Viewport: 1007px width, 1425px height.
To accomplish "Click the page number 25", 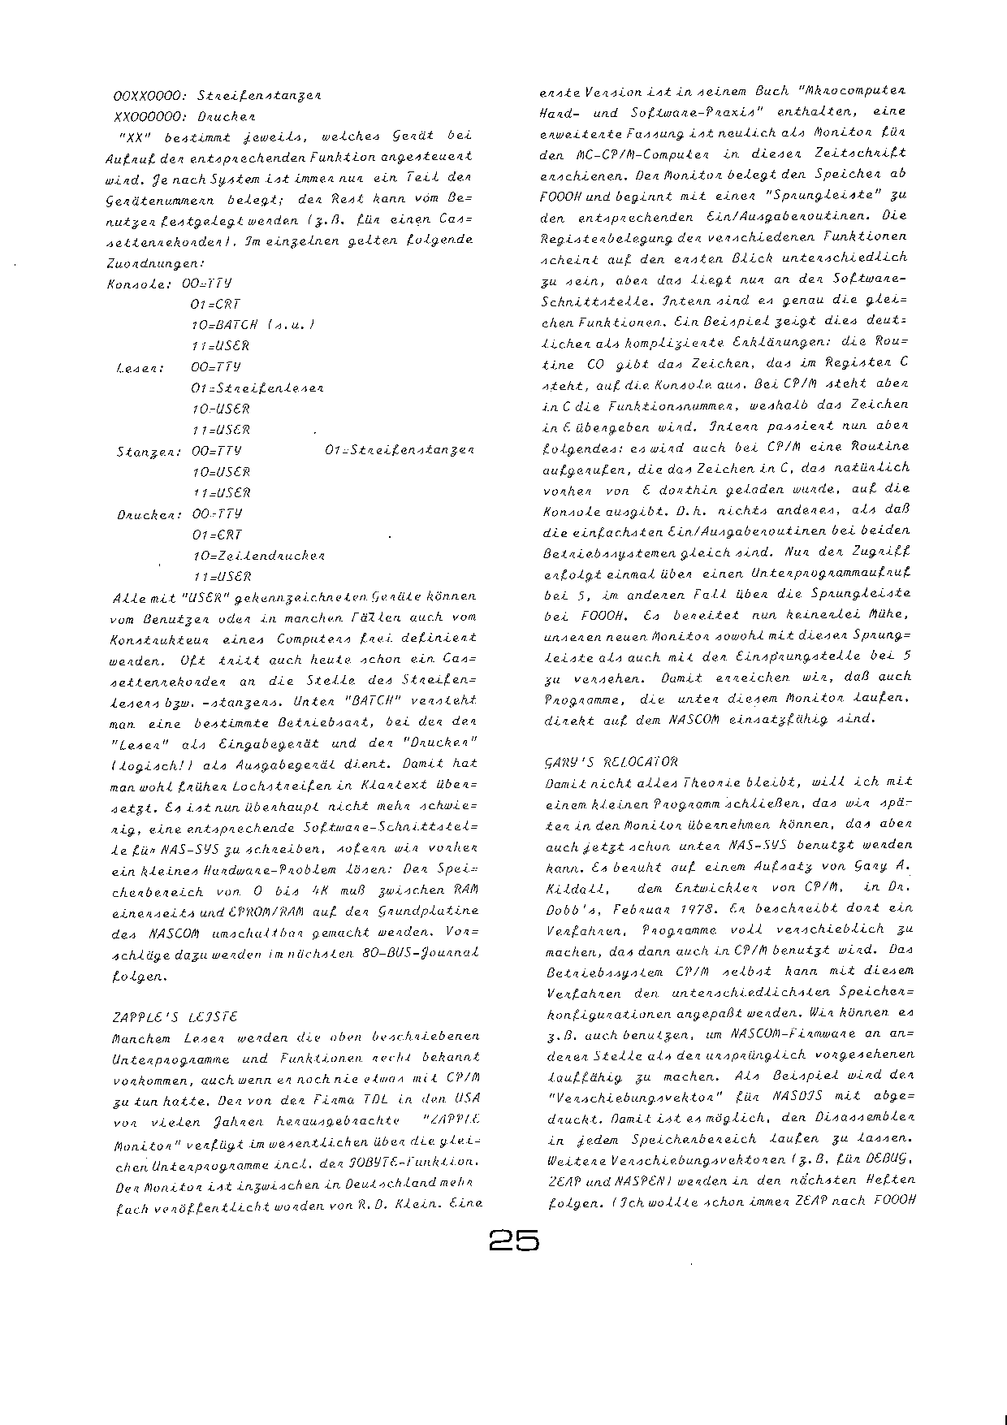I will [x=514, y=1241].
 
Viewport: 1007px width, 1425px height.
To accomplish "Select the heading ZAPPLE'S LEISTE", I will [x=172, y=1016].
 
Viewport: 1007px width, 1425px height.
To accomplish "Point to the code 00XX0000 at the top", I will [x=150, y=94].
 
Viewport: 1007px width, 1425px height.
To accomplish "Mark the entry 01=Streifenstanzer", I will [x=398, y=450].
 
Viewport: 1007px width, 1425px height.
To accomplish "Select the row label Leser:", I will [x=141, y=367].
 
